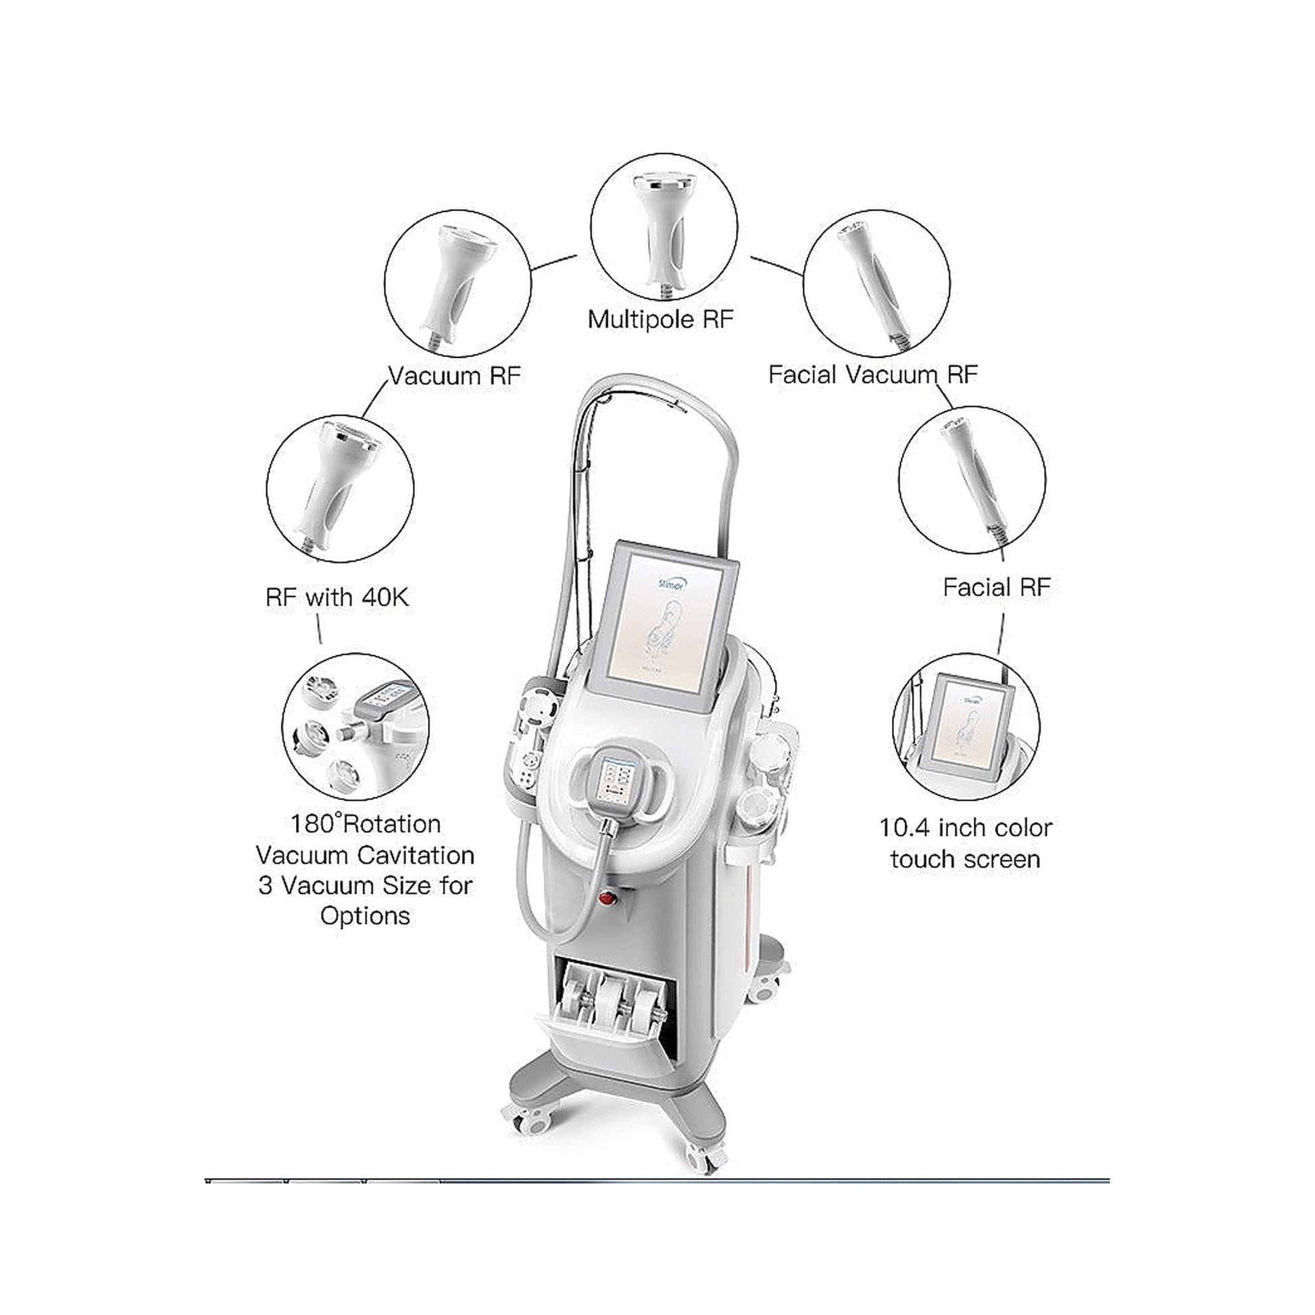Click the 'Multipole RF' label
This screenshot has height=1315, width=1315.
tap(661, 319)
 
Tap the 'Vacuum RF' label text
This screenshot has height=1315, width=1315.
tap(454, 376)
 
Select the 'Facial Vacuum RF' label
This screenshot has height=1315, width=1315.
tap(872, 374)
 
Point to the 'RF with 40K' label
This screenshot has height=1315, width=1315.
tap(337, 597)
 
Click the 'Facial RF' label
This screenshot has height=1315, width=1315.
tap(997, 587)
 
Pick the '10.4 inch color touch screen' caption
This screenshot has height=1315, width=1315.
tap(965, 843)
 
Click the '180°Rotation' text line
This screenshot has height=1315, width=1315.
tap(366, 824)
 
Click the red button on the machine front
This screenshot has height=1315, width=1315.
tap(605, 900)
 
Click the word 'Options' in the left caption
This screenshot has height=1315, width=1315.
tap(366, 917)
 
